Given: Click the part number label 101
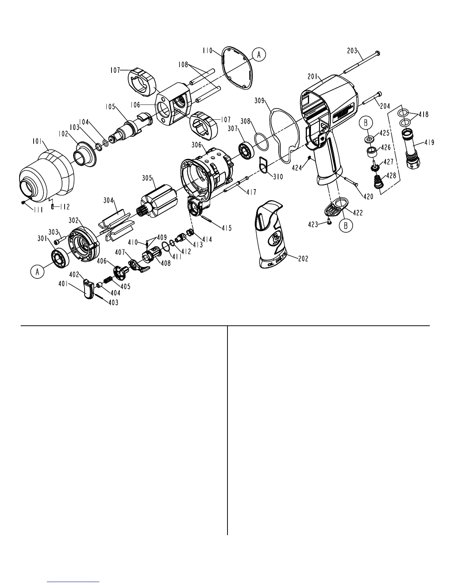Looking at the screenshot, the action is click(37, 141).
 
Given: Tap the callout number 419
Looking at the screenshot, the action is click(429, 142).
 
